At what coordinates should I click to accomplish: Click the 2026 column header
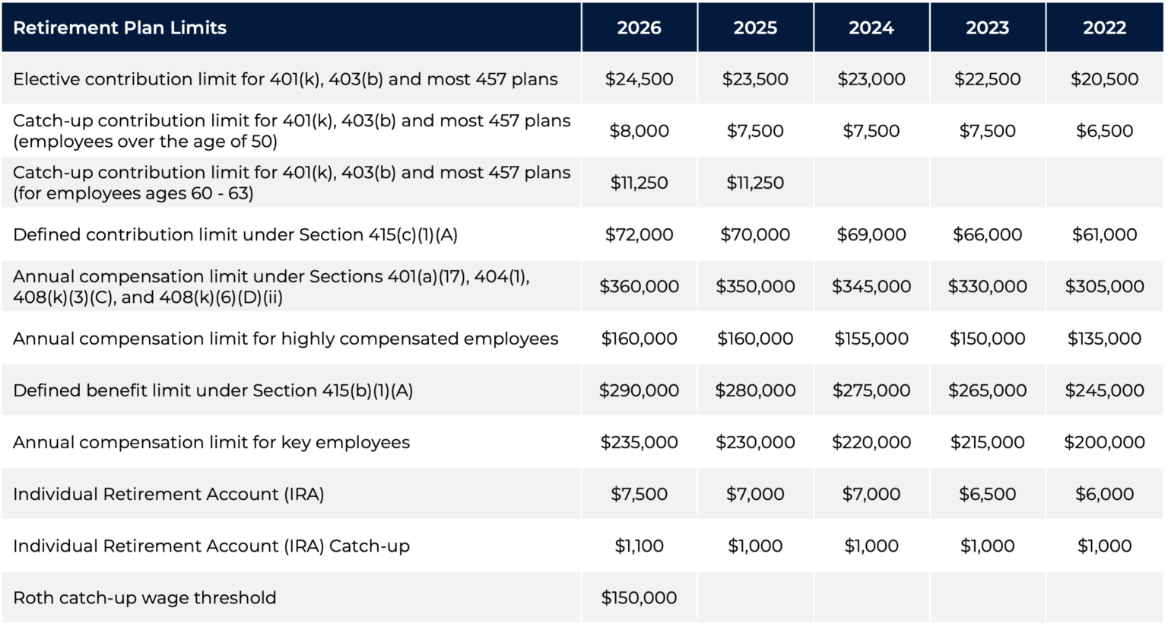pos(639,28)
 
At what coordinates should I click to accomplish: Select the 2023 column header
pos(987,28)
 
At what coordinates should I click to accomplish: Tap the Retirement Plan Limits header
pos(120,28)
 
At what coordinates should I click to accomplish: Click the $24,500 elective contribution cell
pos(639,79)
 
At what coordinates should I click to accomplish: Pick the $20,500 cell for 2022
pos(1104,79)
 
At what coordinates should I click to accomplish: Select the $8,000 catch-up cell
pos(639,131)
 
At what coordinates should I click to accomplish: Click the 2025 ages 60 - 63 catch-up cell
pos(755,183)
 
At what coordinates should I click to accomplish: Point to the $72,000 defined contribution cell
pos(639,234)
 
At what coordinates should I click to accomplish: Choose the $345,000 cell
pos(871,287)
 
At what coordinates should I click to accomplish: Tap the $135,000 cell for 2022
pos(1104,339)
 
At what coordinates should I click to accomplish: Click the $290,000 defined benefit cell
pos(639,390)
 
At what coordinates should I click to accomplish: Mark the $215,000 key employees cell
pos(987,442)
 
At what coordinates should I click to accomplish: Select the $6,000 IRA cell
pos(1104,494)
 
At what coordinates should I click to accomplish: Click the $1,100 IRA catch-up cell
pos(639,546)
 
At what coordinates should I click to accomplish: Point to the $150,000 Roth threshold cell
pos(639,598)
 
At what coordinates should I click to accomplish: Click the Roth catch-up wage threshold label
pos(144,598)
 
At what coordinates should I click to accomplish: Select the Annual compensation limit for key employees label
pos(211,442)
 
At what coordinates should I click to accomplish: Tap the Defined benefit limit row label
pos(213,390)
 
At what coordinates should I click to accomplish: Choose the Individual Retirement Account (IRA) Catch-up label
pos(211,546)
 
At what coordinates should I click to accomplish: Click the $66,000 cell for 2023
pos(987,234)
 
